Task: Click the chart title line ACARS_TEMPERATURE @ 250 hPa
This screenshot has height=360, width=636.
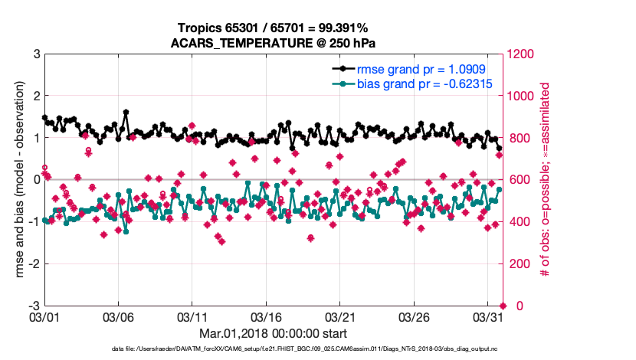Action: [x=272, y=43]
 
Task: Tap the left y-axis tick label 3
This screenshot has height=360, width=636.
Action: [x=36, y=54]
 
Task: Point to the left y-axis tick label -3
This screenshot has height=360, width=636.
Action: [x=34, y=306]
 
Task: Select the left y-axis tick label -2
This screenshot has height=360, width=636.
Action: [x=34, y=263]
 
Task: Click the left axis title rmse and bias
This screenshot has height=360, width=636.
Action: [x=13, y=180]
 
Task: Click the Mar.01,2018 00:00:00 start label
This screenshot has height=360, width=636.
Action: [x=273, y=333]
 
